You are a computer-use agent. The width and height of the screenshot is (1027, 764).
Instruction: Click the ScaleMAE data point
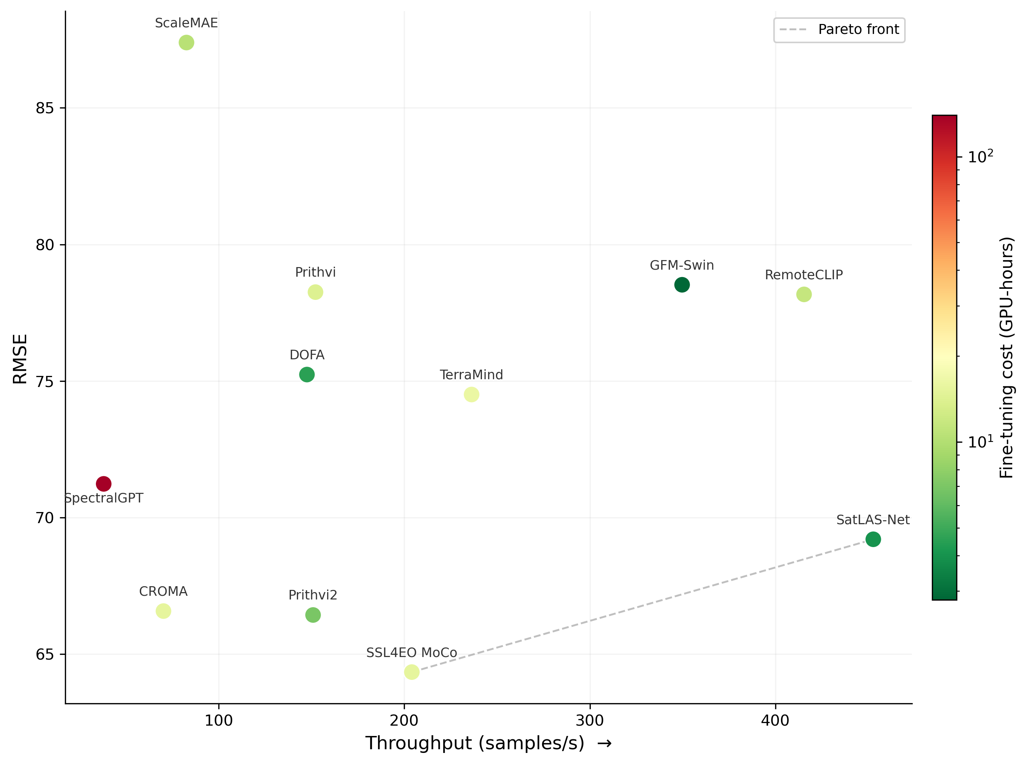tap(186, 42)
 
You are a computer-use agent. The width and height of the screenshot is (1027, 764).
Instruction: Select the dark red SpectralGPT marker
tap(104, 484)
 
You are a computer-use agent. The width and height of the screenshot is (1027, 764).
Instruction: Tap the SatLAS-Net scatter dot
tap(872, 539)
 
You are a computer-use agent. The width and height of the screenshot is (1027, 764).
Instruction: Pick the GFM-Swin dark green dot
tap(682, 285)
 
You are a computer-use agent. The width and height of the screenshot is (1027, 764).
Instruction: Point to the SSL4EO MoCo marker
tap(412, 672)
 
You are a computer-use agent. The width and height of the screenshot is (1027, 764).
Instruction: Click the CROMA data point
tap(163, 611)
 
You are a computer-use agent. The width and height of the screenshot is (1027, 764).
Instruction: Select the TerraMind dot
tap(471, 394)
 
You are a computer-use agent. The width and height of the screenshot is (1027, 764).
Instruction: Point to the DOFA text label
tap(307, 355)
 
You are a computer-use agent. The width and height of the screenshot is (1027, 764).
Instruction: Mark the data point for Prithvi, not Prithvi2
tap(315, 292)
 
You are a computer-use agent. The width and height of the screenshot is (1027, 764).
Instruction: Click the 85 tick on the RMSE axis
tap(45, 108)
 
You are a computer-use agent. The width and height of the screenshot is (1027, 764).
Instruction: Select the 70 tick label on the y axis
tap(45, 518)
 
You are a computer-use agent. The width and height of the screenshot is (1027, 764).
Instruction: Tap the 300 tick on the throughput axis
tap(590, 720)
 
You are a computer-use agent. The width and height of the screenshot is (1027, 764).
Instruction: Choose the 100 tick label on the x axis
tap(219, 720)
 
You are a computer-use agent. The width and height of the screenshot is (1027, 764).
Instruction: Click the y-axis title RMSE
tap(20, 359)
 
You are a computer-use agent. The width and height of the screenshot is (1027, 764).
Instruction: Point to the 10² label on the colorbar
tap(980, 157)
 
